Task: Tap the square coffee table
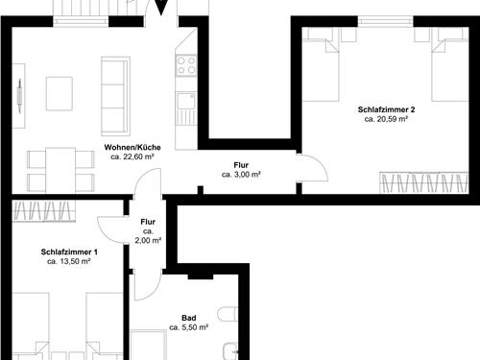pyautogui.click(x=60, y=92)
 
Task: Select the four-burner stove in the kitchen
pyautogui.click(x=185, y=66)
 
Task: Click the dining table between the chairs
pyautogui.click(x=60, y=168)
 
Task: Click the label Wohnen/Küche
pyautogui.click(x=132, y=147)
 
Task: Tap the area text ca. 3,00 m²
pyautogui.click(x=241, y=175)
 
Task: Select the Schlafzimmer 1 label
pyautogui.click(x=69, y=252)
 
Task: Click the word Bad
pyautogui.click(x=188, y=318)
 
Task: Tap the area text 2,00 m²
pyautogui.click(x=149, y=240)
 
